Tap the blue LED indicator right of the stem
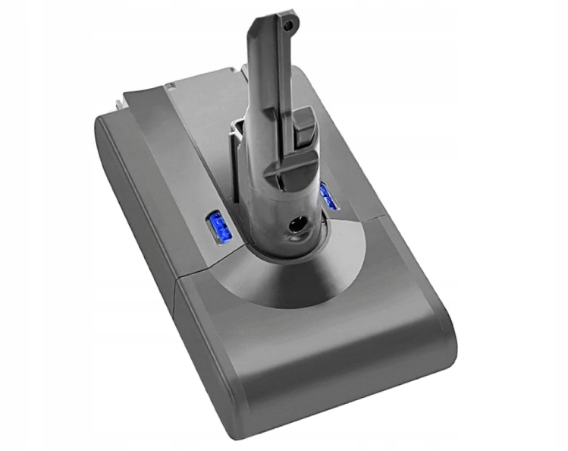pyautogui.click(x=328, y=199)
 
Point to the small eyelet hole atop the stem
pyautogui.click(x=287, y=25)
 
